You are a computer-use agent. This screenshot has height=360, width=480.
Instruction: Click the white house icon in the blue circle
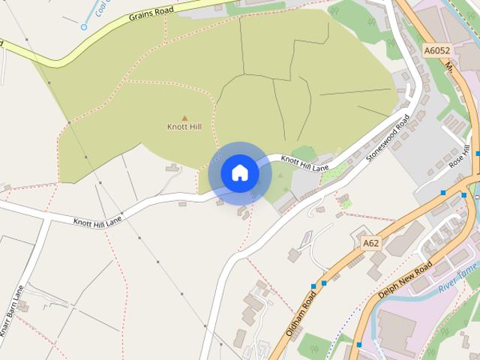tap(240, 173)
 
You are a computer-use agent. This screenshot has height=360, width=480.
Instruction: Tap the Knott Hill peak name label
tap(184, 127)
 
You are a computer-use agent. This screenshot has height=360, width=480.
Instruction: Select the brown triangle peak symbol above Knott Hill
tap(184, 118)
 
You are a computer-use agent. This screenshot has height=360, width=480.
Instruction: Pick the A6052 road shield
tap(436, 51)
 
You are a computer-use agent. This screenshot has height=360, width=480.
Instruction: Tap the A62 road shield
tap(370, 243)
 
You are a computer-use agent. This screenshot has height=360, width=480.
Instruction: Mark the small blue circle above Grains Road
tap(84, 27)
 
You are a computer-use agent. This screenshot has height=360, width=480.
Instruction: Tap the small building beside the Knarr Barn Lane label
tap(23, 306)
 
